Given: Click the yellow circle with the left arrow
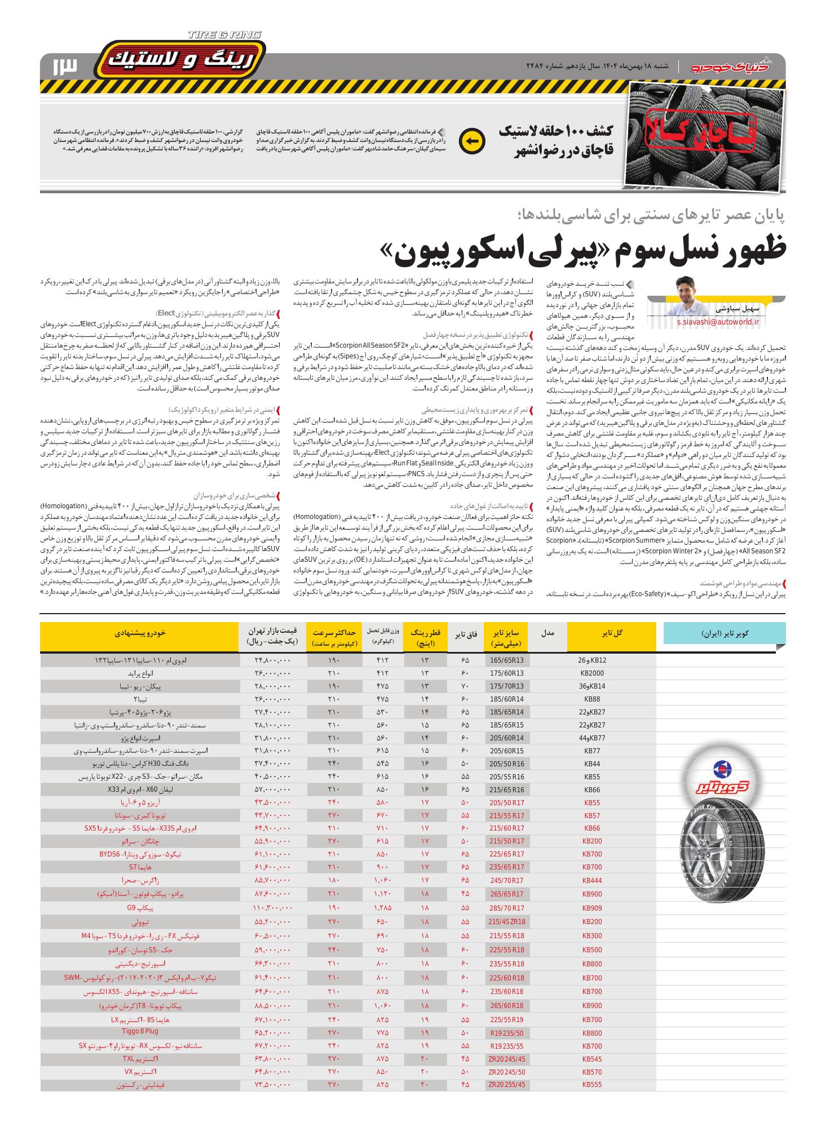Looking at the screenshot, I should tap(472, 141).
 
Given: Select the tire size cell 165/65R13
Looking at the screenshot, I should tap(506, 659).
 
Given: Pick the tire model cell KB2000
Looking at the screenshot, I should tap(591, 673).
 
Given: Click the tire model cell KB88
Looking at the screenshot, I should tap(591, 699).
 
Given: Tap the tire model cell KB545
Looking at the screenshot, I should tap(591, 1058).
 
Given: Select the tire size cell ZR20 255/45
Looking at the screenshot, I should tap(506, 1084).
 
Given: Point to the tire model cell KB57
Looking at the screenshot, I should tap(591, 815).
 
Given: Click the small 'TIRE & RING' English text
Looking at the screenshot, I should tap(224, 35).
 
